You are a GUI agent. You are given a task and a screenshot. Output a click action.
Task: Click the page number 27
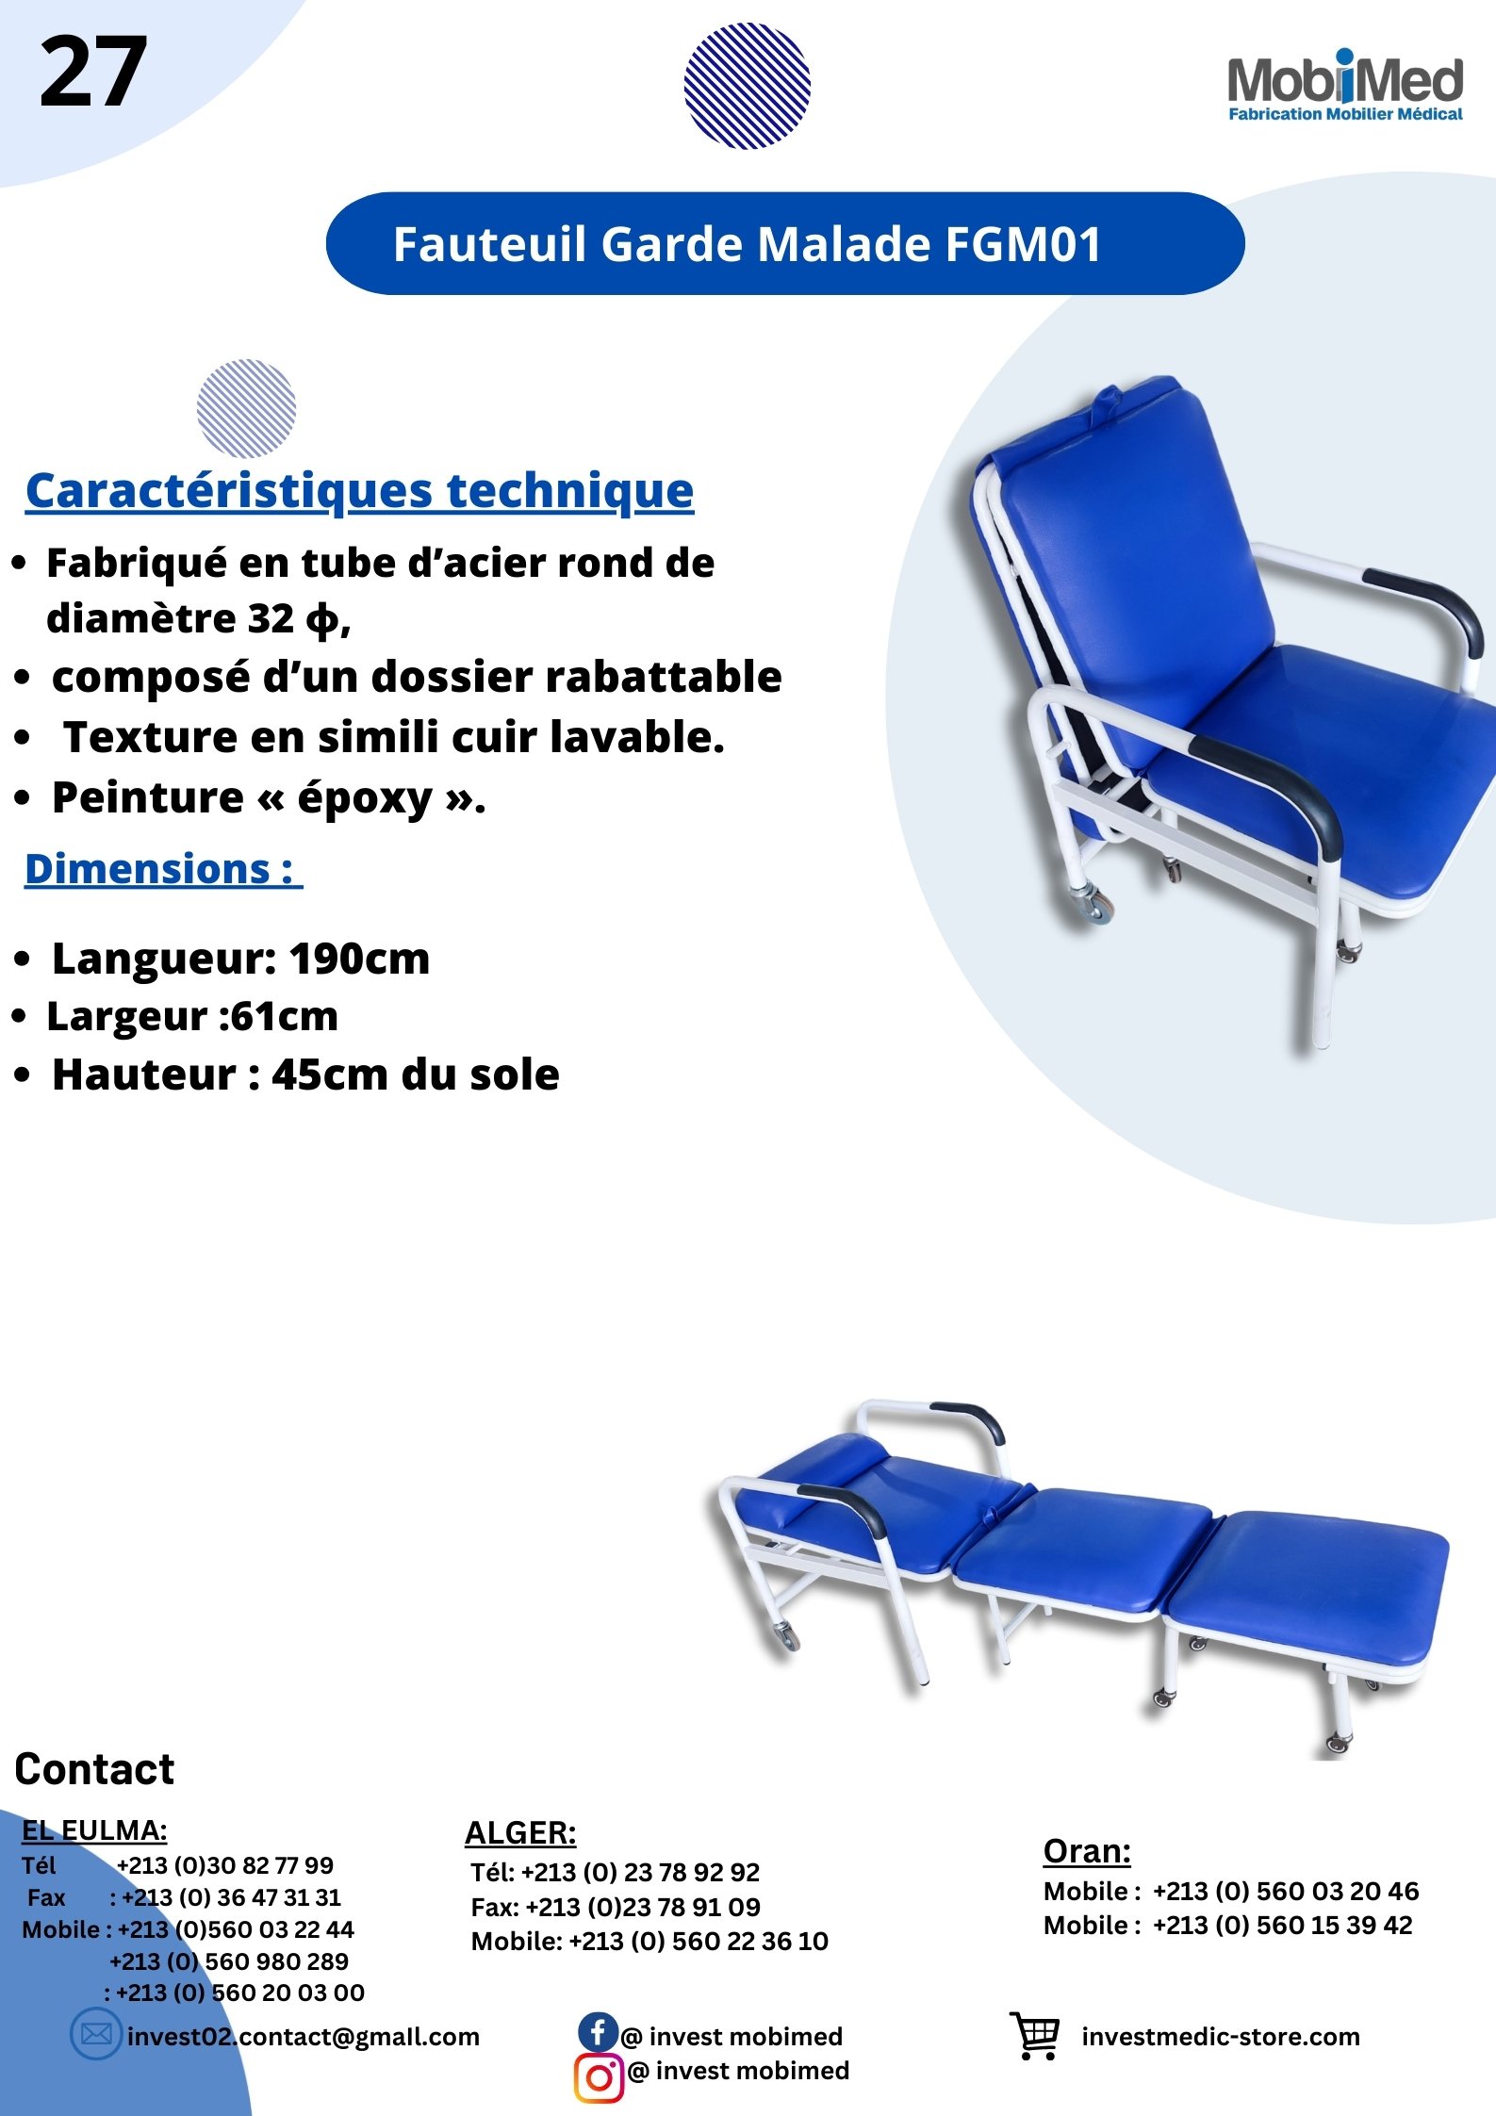coord(92,72)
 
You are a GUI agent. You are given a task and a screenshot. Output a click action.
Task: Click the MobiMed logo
coord(1345,86)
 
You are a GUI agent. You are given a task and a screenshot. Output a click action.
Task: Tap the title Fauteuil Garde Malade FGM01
coord(747,244)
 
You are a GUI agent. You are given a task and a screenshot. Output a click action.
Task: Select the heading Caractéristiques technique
coord(359,491)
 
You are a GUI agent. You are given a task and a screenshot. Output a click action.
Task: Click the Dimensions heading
coord(163,868)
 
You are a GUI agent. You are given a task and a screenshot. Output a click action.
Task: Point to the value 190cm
coord(359,960)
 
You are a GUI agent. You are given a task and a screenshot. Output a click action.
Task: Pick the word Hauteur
coord(143,1074)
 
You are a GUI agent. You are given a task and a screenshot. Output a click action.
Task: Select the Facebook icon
coord(598,2031)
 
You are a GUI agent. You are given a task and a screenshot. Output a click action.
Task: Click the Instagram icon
coord(599,2078)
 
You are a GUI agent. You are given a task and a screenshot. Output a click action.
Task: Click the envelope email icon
coord(95,2035)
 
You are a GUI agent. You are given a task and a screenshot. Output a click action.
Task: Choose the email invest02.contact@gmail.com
coord(304,2037)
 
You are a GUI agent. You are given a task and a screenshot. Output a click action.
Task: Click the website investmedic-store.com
coord(1221,2037)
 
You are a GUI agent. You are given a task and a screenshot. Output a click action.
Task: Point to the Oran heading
coord(1087,1851)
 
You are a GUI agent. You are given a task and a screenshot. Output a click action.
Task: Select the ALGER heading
coord(520,1832)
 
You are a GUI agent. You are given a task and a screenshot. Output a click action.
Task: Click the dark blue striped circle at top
coord(747,86)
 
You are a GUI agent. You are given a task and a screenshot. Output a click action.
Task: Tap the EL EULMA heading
coord(94,1830)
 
